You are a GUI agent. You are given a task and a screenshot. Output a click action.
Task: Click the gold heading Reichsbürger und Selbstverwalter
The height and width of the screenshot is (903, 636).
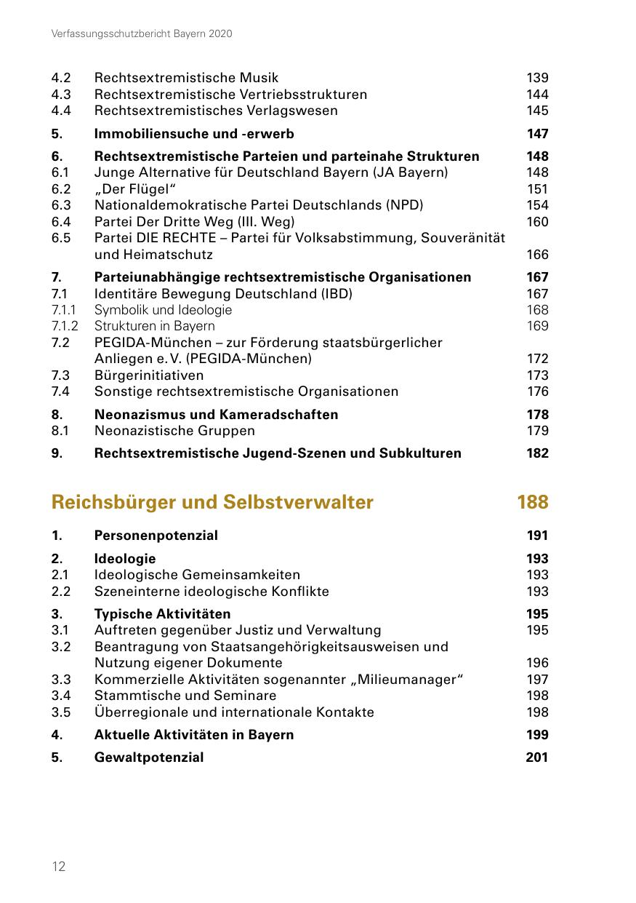tap(212, 502)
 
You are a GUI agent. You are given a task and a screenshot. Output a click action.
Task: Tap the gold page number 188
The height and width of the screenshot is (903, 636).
tap(532, 502)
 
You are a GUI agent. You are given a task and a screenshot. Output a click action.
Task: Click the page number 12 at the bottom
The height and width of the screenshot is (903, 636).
tap(59, 866)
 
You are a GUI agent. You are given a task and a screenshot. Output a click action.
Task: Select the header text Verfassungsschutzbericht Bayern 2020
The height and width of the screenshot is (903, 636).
tap(142, 34)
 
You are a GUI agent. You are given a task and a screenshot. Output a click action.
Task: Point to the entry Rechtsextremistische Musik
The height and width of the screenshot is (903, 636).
tap(186, 78)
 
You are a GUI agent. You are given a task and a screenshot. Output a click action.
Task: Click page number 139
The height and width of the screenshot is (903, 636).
tap(537, 78)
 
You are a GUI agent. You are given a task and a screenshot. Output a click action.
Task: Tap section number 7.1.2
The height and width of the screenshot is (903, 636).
tap(65, 326)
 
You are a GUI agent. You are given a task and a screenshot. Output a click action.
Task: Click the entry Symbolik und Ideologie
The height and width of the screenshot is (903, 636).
tap(164, 310)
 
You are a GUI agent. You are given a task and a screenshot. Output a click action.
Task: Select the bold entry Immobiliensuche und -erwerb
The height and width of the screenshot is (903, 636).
tap(194, 134)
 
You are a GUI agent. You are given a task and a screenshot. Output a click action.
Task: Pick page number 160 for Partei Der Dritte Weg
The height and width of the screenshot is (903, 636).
tap(537, 222)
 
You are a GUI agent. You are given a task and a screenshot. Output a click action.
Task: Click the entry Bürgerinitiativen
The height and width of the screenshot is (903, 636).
tap(149, 375)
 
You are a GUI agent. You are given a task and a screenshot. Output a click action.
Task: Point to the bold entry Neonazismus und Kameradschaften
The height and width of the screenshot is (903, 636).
tap(216, 415)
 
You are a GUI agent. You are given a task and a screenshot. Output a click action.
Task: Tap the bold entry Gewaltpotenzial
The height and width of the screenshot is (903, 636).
tap(149, 757)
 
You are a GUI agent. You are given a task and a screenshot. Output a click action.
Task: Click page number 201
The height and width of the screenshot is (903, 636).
tap(537, 757)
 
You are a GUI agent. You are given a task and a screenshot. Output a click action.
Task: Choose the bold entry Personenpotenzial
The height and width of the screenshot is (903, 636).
tap(156, 536)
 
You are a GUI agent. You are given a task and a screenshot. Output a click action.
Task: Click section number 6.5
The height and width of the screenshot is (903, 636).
tap(60, 238)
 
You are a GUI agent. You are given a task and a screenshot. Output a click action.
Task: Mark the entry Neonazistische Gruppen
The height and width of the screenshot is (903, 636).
tap(174, 431)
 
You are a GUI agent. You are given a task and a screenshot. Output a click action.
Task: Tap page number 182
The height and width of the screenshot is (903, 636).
tap(537, 453)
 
